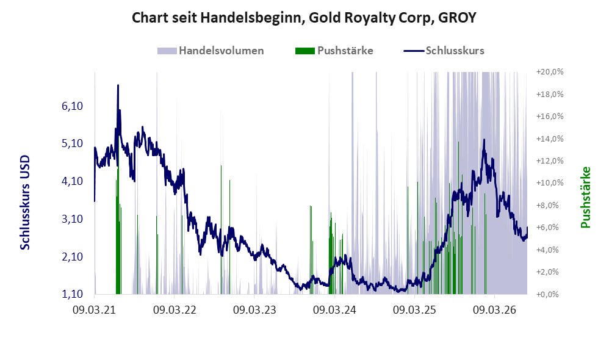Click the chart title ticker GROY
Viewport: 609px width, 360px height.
click(x=456, y=18)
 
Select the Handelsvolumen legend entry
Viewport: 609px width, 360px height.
click(x=211, y=51)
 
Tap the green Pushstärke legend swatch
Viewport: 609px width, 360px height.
click(x=305, y=51)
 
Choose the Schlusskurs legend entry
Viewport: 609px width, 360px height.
click(x=444, y=51)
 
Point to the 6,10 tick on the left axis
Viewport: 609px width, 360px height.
click(x=72, y=106)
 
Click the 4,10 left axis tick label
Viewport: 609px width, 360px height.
click(x=72, y=181)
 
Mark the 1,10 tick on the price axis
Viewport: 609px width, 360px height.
click(x=72, y=294)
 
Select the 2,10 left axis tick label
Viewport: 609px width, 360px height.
click(x=72, y=256)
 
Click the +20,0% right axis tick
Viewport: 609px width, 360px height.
click(x=550, y=72)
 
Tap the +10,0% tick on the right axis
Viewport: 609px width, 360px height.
click(x=550, y=183)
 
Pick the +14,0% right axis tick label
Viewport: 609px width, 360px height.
click(x=550, y=139)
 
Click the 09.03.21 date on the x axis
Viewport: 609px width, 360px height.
click(x=95, y=310)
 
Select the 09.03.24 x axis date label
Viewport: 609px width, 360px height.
click(x=334, y=310)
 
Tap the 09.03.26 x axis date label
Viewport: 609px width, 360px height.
click(x=494, y=310)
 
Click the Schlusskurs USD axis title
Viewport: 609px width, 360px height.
click(x=25, y=203)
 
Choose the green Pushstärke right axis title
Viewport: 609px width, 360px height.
click(x=585, y=197)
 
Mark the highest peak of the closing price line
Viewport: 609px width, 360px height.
click(x=118, y=85)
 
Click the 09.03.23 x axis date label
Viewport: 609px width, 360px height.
click(x=254, y=310)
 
